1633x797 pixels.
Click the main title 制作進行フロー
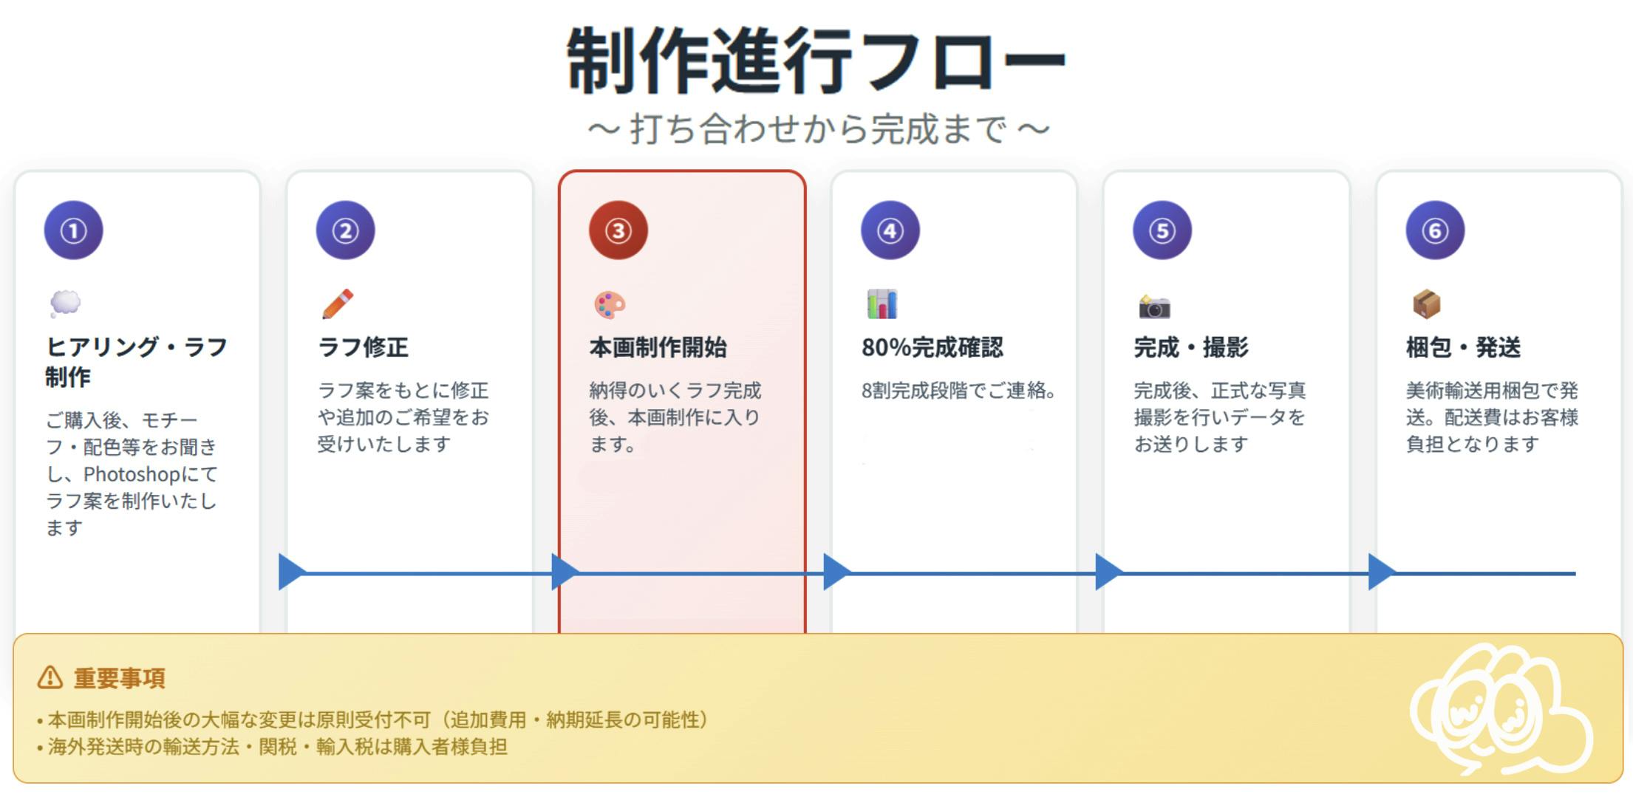(816, 61)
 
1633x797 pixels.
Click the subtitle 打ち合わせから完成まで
(818, 129)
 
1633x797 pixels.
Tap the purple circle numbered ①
(73, 230)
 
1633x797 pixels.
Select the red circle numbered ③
(618, 230)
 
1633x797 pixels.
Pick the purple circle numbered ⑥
(1435, 230)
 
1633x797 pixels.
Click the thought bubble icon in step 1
(65, 304)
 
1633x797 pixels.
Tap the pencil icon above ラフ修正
(338, 304)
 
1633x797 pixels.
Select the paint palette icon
(610, 304)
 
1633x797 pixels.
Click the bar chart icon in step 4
(882, 304)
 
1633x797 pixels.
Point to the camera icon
(1154, 306)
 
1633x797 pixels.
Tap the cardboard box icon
(1427, 304)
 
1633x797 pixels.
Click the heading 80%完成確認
(932, 347)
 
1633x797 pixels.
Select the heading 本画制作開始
(658, 347)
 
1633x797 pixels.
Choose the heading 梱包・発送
(1463, 347)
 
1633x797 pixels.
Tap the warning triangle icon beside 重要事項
(50, 677)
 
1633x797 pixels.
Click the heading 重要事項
(119, 677)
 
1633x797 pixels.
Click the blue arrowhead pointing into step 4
(837, 572)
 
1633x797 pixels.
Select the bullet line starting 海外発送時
(272, 747)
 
